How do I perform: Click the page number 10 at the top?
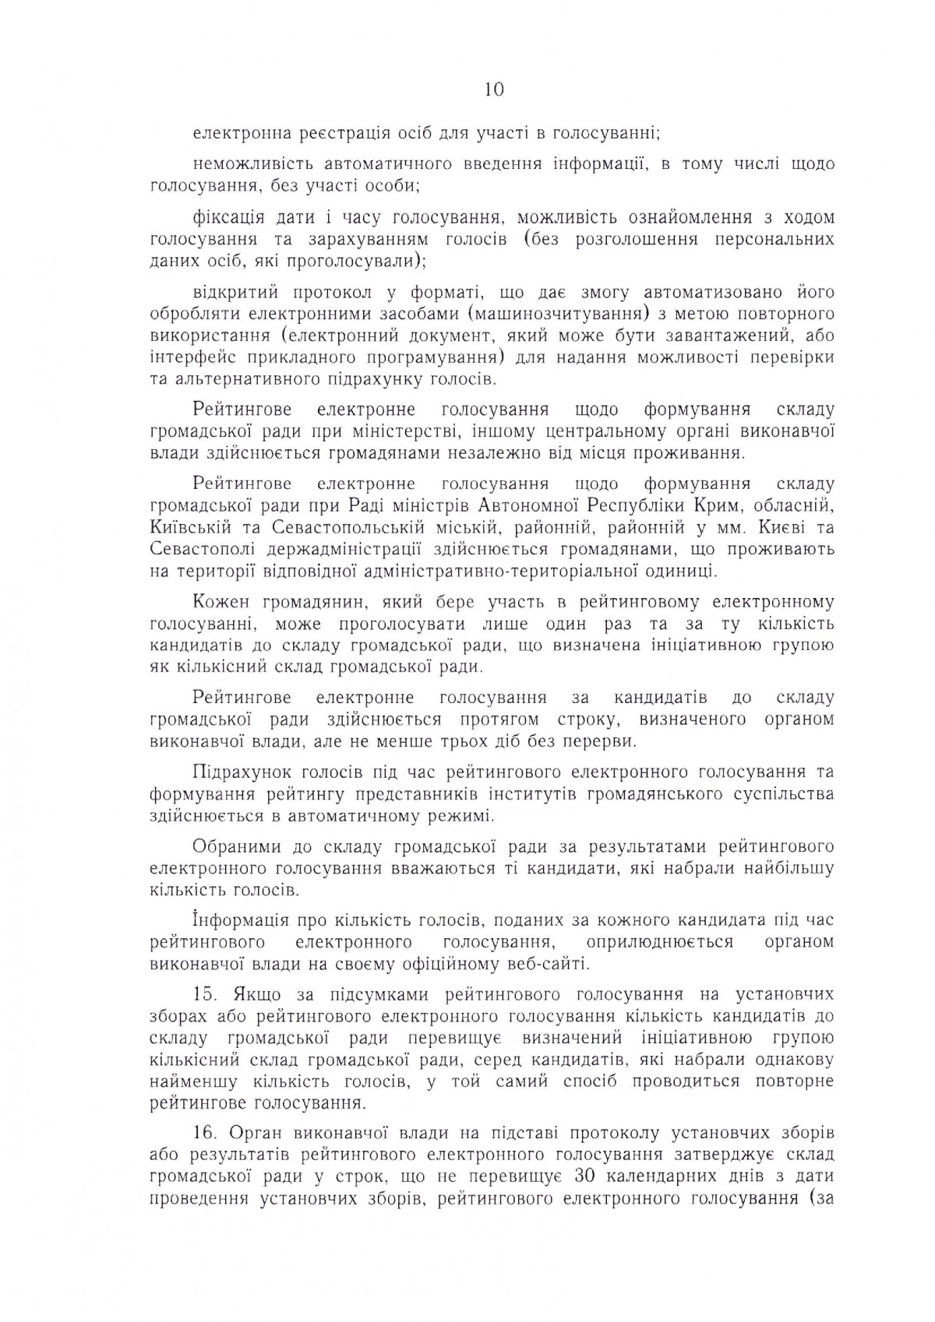[493, 90]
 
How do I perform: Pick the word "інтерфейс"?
[185, 358]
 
